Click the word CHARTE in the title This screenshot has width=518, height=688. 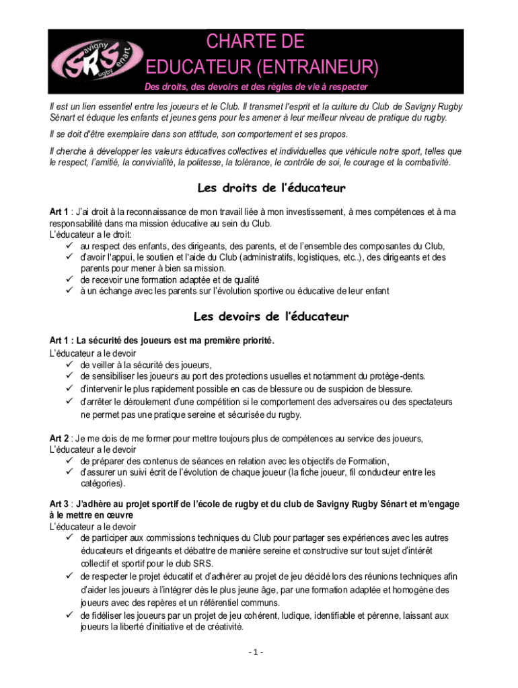(244, 42)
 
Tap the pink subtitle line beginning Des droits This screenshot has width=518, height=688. (256, 87)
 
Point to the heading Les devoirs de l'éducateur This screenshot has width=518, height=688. (271, 316)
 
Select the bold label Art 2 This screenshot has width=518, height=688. (59, 438)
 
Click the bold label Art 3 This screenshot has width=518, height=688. (59, 503)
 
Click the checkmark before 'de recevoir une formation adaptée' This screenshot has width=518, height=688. (69, 279)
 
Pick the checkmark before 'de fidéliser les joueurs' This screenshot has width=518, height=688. (69, 615)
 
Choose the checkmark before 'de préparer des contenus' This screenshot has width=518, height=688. (69, 461)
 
